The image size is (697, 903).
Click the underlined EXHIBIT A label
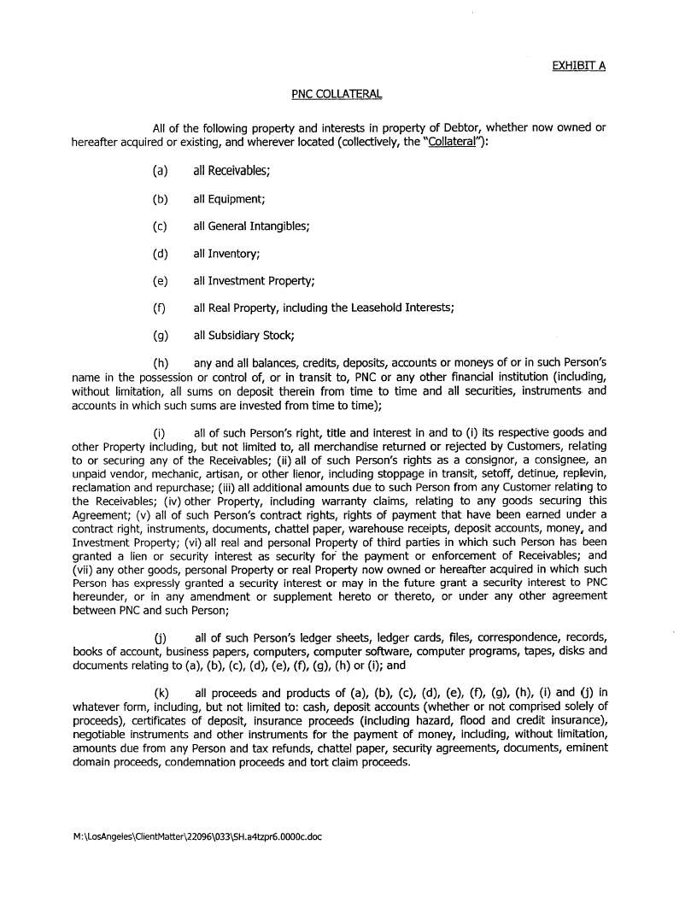[x=578, y=65]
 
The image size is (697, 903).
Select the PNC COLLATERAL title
[x=337, y=94]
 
